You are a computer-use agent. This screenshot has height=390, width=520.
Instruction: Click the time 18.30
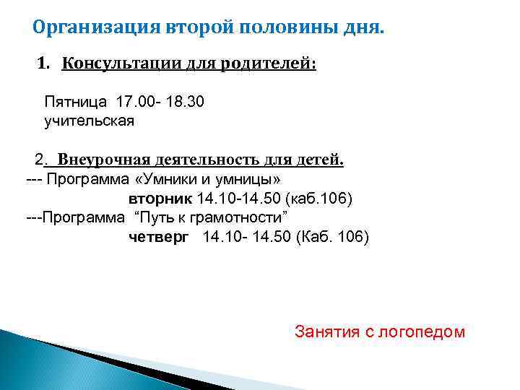[185, 102]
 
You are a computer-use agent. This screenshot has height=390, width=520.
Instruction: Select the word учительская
[89, 121]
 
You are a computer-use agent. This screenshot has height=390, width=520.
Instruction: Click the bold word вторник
[160, 198]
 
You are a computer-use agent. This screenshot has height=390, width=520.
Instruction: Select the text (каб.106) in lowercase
[320, 198]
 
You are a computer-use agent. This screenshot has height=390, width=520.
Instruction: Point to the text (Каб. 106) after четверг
[332, 236]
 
